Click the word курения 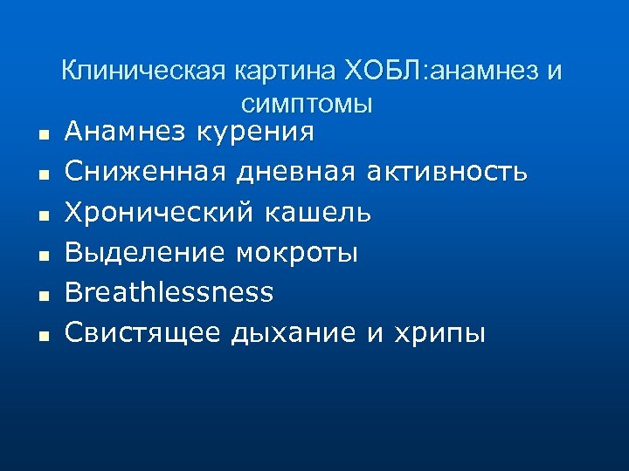(256, 133)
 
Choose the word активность (448, 172)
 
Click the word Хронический (158, 212)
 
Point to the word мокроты (297, 253)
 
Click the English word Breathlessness (169, 292)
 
